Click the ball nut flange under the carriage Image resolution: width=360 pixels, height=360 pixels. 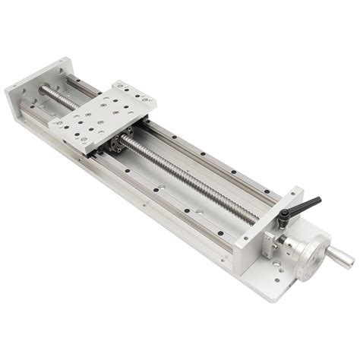click(123, 143)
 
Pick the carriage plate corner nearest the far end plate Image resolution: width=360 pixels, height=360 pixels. click(114, 81)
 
